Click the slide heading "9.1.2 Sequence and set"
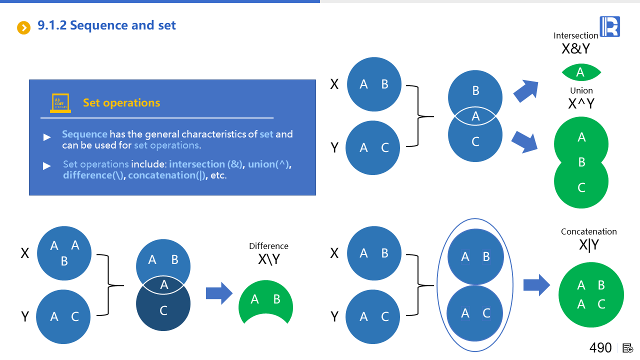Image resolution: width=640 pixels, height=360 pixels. [106, 25]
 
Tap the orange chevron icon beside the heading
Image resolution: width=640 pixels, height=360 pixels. [24, 27]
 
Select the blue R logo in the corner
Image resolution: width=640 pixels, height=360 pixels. [609, 26]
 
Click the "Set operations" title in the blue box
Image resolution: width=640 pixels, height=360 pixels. [121, 103]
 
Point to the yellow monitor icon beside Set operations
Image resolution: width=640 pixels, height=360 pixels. [60, 103]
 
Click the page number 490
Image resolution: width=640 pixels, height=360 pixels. [600, 347]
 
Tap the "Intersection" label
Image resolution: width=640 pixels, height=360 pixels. [575, 35]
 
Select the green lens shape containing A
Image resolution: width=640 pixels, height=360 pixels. [580, 73]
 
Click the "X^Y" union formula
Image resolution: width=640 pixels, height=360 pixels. [581, 103]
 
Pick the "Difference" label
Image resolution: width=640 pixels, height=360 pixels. [268, 246]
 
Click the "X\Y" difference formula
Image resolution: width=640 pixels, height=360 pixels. [268, 259]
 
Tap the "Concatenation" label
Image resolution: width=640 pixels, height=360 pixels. [588, 231]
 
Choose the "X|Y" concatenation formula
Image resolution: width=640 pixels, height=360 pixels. [589, 245]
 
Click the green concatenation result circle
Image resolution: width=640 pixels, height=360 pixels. [591, 295]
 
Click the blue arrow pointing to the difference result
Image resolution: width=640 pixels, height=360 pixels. [219, 293]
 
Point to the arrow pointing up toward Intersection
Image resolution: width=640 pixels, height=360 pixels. [526, 90]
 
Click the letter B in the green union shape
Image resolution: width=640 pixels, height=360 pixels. [581, 162]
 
